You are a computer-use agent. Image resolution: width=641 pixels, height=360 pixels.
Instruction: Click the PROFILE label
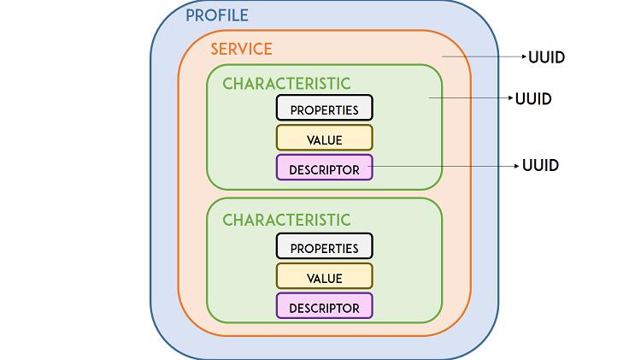pos(217,15)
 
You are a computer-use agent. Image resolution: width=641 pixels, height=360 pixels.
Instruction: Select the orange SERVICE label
pos(241,49)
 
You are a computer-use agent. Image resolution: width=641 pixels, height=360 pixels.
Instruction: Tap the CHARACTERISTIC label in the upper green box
pos(286,84)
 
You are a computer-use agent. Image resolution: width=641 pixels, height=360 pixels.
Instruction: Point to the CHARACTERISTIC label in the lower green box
pos(286,220)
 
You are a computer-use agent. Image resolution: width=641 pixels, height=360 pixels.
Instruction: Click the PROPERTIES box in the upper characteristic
pos(325,108)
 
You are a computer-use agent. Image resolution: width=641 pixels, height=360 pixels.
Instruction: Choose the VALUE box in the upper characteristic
pos(325,138)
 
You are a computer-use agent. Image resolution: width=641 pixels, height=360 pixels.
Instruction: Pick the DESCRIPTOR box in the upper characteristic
pos(325,168)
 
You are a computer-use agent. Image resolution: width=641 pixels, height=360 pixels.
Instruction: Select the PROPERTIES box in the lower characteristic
pos(325,246)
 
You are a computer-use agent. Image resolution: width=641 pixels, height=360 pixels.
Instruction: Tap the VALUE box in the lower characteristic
pos(325,276)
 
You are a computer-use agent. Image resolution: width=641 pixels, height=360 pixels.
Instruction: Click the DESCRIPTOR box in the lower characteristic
pos(325,305)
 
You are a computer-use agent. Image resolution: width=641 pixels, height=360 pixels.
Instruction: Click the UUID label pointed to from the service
pos(547,57)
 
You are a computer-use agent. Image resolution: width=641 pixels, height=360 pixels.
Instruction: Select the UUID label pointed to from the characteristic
pos(533,99)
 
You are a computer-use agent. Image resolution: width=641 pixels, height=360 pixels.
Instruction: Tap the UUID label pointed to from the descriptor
pos(540,166)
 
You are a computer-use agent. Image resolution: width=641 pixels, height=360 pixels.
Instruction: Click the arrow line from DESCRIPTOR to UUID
pos(444,166)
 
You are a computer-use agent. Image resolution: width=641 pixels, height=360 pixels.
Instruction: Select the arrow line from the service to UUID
pos(485,56)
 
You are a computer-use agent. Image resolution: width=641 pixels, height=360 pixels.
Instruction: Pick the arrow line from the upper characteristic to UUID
pos(471,97)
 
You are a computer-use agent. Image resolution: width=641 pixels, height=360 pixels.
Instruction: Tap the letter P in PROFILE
pos(190,15)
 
